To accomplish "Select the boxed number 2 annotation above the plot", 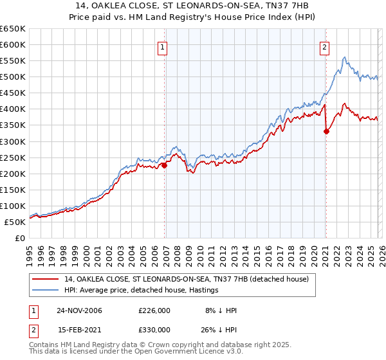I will click(x=325, y=47).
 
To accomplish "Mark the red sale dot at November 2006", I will click(x=164, y=165).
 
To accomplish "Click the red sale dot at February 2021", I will click(x=326, y=132).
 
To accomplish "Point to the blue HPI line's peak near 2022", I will click(x=345, y=58).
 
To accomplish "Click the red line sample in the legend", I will click(x=46, y=279).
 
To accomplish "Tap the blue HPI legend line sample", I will click(x=46, y=290).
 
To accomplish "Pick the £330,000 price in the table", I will click(x=154, y=329).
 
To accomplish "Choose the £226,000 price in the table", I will click(x=154, y=310).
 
